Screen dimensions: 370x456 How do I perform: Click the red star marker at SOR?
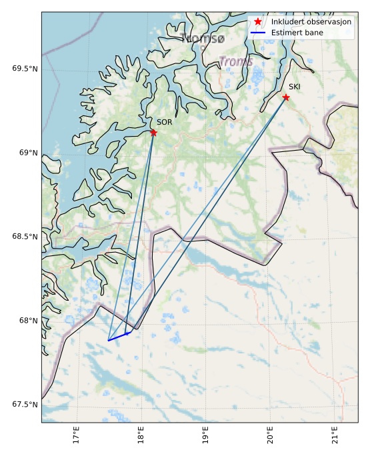click(153, 133)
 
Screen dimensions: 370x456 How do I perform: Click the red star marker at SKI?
click(286, 97)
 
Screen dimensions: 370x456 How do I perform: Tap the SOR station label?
click(165, 122)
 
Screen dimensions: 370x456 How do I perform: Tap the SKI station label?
click(295, 87)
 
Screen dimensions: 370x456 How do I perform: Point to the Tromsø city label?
click(202, 39)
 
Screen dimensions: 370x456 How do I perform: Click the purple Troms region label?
click(236, 62)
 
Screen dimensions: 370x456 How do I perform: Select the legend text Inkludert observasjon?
click(311, 22)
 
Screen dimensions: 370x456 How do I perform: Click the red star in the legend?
click(258, 22)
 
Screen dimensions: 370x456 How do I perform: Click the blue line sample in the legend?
click(258, 32)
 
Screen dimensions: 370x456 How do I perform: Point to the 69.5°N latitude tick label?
click(25, 69)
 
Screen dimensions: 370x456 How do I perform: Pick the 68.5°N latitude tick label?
click(25, 237)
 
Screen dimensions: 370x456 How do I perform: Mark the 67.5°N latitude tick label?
click(25, 405)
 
